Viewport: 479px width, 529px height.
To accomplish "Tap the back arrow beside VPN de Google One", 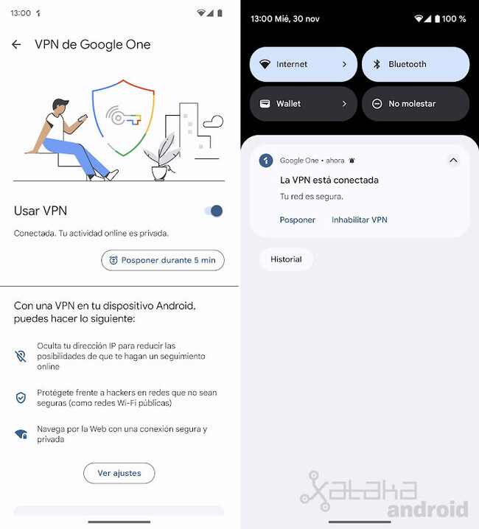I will pos(16,45).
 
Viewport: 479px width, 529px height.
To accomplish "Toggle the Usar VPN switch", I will pos(213,211).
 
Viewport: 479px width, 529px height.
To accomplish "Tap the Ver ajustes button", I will pos(119,473).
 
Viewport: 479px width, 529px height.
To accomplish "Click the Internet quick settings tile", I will pos(303,64).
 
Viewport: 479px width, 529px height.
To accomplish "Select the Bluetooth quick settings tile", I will pos(415,64).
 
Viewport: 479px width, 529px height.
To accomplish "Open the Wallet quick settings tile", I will pos(303,104).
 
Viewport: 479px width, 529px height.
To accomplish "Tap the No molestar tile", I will pos(415,104).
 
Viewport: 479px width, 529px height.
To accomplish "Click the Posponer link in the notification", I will pos(298,220).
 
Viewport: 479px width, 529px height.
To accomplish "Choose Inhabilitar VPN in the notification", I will pos(359,220).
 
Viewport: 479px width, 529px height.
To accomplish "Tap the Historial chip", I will pos(286,259).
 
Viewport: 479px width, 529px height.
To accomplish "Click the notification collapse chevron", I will pos(453,161).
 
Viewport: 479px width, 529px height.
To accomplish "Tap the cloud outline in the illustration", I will pos(213,122).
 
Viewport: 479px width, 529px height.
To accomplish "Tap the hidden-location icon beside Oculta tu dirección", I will pos(21,356).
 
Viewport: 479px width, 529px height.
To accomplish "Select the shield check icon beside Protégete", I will pos(21,398).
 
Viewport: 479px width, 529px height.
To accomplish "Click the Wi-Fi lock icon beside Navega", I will pos(21,435).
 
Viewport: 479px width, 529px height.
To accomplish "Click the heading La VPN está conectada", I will pos(329,180).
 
